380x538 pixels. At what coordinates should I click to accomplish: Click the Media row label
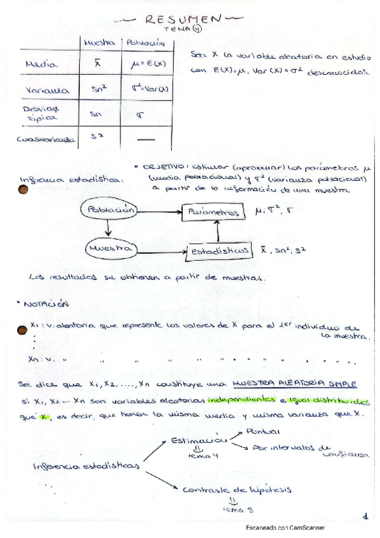tap(42, 64)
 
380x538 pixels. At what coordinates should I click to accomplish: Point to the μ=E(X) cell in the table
tap(143, 64)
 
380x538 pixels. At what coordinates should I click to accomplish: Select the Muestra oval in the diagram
tap(110, 249)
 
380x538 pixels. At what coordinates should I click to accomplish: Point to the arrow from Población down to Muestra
tap(109, 228)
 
